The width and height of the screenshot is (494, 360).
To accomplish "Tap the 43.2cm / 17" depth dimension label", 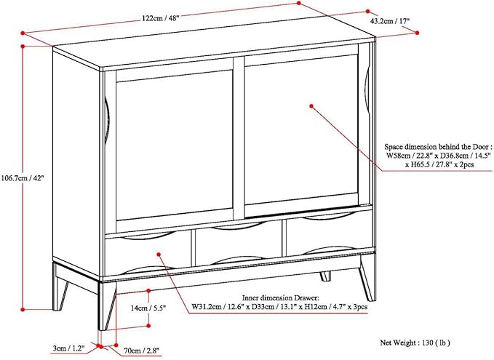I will pyautogui.click(x=392, y=22).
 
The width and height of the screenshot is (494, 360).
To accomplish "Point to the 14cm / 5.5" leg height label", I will pyautogui.click(x=148, y=308).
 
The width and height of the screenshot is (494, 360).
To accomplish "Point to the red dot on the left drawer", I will pyautogui.click(x=159, y=253).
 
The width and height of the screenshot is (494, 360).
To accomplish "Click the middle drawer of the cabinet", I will pyautogui.click(x=238, y=247).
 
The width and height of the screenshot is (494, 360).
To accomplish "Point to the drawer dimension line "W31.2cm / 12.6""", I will pyautogui.click(x=218, y=308).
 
